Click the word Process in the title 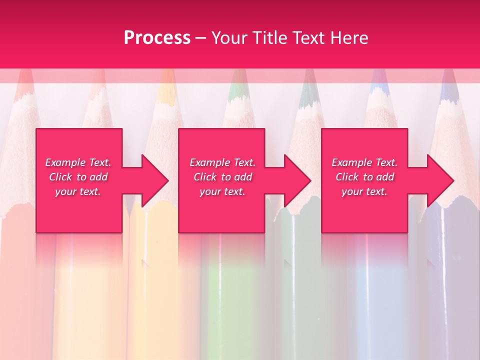click(x=157, y=38)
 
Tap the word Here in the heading click(x=349, y=38)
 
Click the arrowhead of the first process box click(x=155, y=180)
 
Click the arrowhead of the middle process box click(x=298, y=180)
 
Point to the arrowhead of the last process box click(x=440, y=180)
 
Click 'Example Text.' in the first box click(x=78, y=162)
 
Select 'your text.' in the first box click(x=78, y=191)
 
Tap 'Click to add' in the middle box click(x=222, y=177)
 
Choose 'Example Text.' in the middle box click(x=222, y=162)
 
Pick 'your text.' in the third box click(x=364, y=191)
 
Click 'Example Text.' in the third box click(x=364, y=162)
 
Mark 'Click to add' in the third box click(x=364, y=177)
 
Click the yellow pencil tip click(x=165, y=92)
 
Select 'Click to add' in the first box click(x=78, y=177)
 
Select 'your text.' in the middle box click(x=222, y=191)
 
